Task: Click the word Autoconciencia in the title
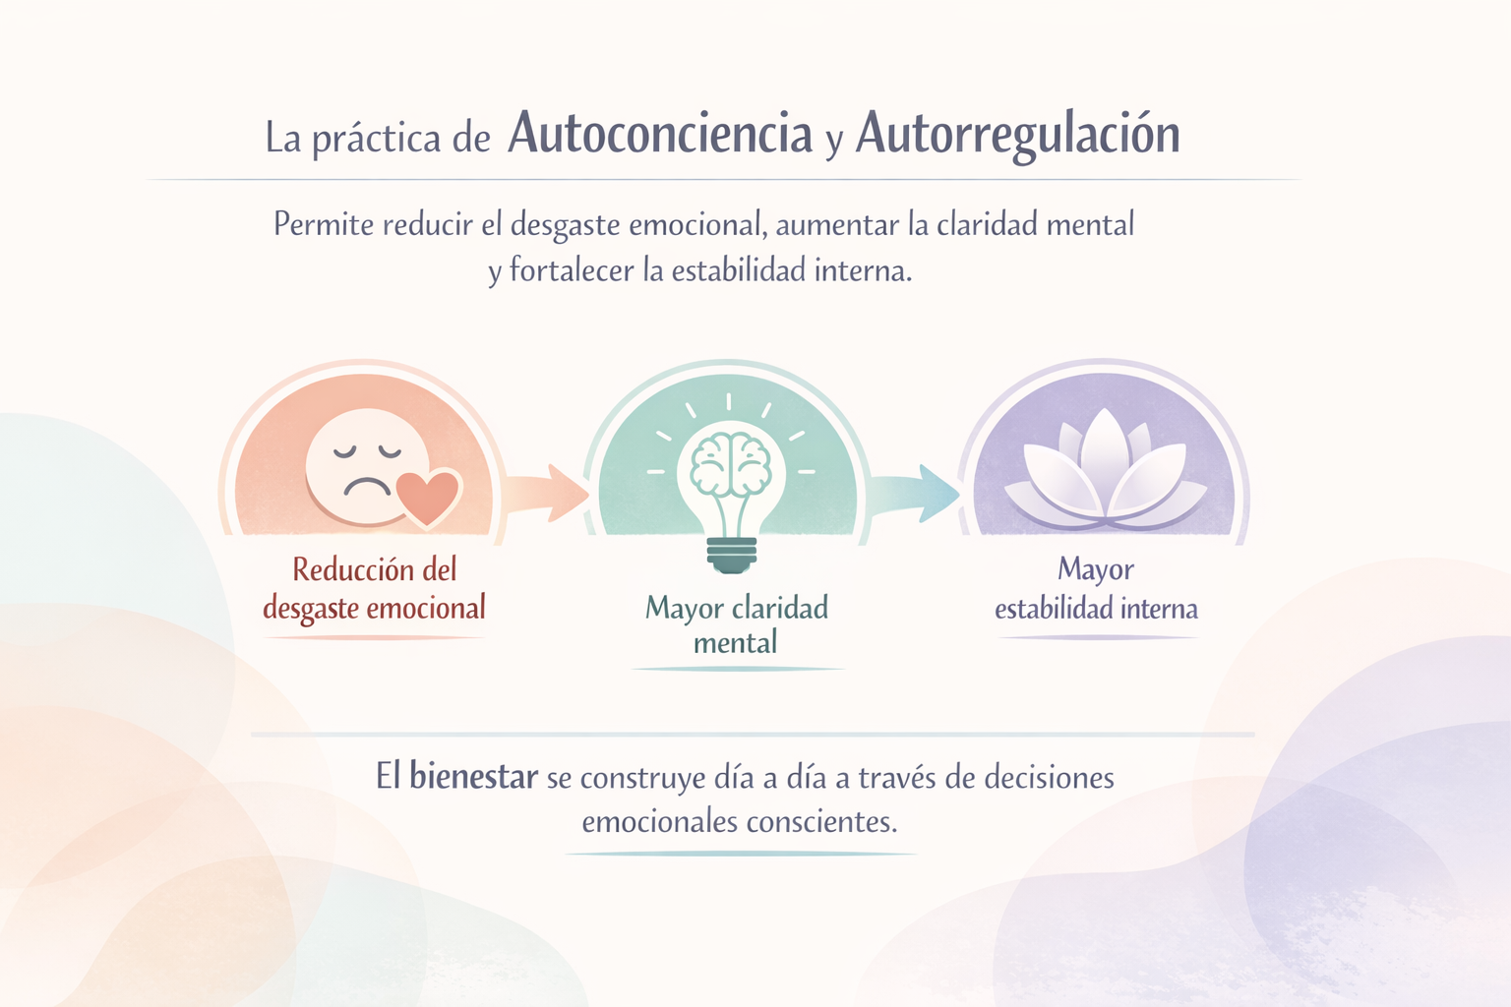point(660,135)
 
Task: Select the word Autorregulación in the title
point(1017,135)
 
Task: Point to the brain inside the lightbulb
point(730,463)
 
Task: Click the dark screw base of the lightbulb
point(732,555)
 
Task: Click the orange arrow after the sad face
point(546,491)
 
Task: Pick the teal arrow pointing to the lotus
point(915,492)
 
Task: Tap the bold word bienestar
point(473,777)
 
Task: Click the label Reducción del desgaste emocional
point(374,589)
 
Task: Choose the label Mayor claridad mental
point(736,624)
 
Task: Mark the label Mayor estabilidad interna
point(1096,589)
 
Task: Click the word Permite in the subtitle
point(324,225)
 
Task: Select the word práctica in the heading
point(377,139)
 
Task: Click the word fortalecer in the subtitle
point(572,270)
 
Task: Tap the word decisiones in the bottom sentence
point(1049,778)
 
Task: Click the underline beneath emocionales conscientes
point(740,854)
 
